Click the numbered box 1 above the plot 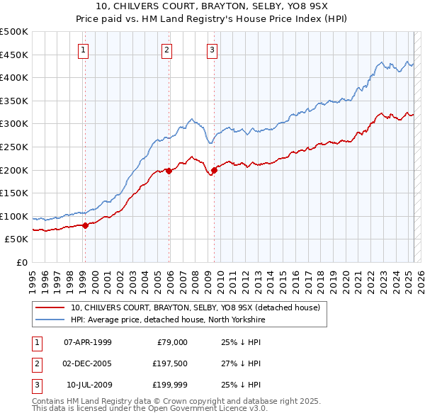click(x=84, y=50)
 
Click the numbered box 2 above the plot click(x=166, y=50)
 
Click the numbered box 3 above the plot click(x=212, y=50)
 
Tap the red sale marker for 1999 click(x=85, y=225)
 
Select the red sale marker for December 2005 click(x=169, y=171)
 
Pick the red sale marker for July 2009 click(x=214, y=169)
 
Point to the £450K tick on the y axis click(x=14, y=55)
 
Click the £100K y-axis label click(x=14, y=216)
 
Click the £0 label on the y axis click(x=22, y=263)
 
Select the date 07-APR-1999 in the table click(x=88, y=342)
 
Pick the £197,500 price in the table click(x=168, y=363)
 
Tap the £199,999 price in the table click(x=168, y=385)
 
